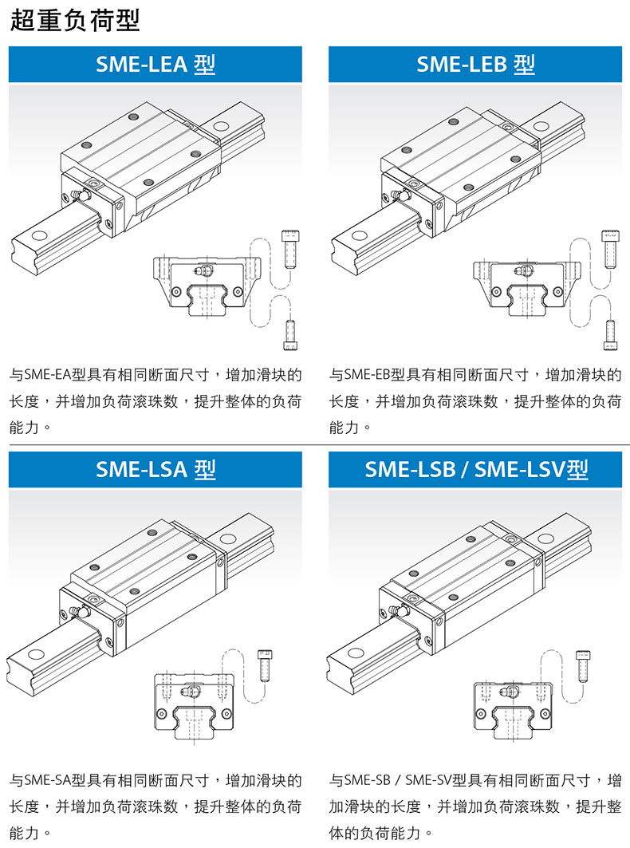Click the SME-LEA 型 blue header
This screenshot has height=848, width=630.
tap(156, 64)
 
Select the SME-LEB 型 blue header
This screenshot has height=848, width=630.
tap(475, 64)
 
